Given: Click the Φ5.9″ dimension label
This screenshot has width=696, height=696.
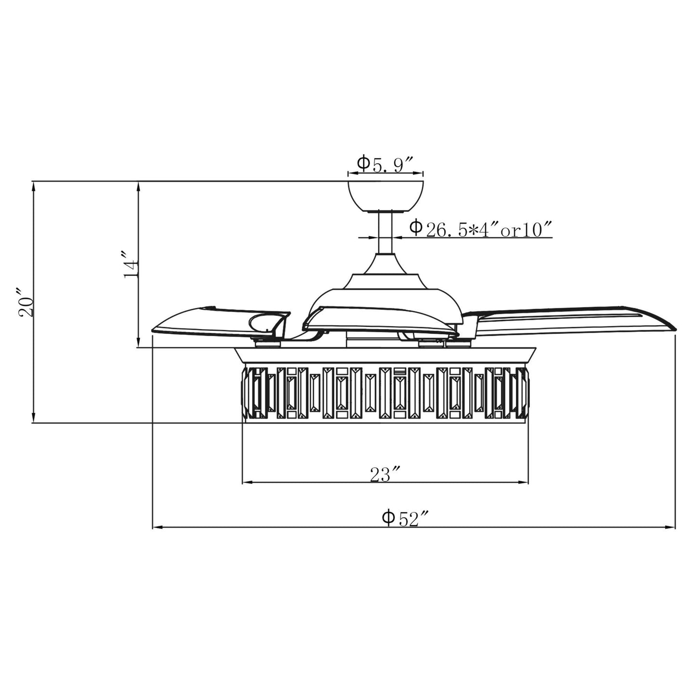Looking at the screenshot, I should click(x=385, y=164).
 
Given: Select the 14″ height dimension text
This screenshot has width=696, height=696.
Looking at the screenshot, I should click(x=131, y=264).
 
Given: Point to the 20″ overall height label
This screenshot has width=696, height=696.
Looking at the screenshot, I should click(x=25, y=302).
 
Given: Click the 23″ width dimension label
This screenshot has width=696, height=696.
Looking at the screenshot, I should click(x=385, y=475).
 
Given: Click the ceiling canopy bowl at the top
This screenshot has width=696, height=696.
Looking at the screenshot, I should click(x=385, y=195).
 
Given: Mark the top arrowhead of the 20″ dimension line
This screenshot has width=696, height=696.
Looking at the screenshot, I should click(x=33, y=185).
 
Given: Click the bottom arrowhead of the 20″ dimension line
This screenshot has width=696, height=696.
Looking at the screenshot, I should click(x=33, y=419).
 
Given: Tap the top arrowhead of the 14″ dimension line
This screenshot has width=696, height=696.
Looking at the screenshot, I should click(x=138, y=185).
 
